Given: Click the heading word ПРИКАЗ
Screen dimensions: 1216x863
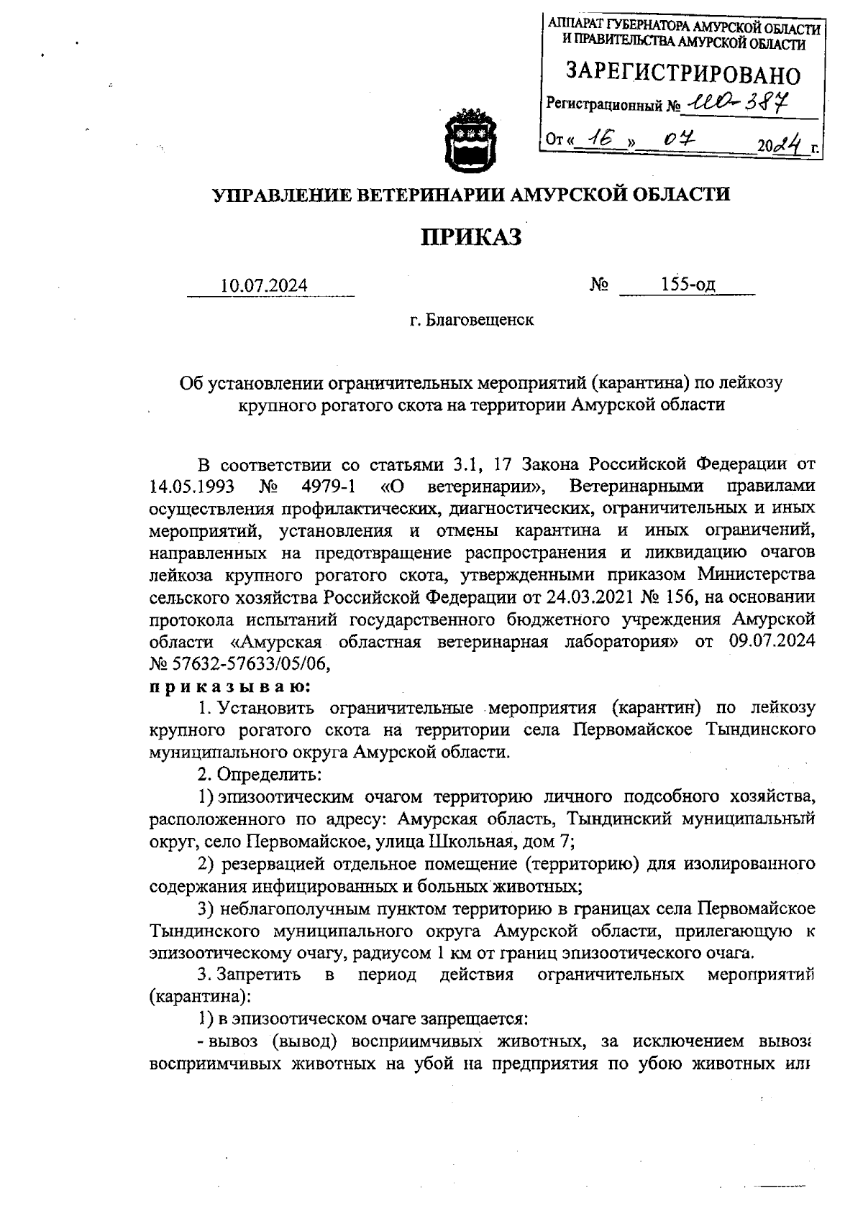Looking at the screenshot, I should (470, 236).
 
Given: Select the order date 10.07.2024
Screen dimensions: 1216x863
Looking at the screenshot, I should (264, 285).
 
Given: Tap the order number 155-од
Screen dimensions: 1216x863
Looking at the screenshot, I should (688, 285).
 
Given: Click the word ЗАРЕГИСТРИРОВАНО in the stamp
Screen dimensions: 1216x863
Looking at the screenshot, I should (682, 75).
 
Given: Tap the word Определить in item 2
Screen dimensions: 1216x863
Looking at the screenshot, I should (269, 775).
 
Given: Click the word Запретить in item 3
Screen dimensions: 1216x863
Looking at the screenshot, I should (260, 975).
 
